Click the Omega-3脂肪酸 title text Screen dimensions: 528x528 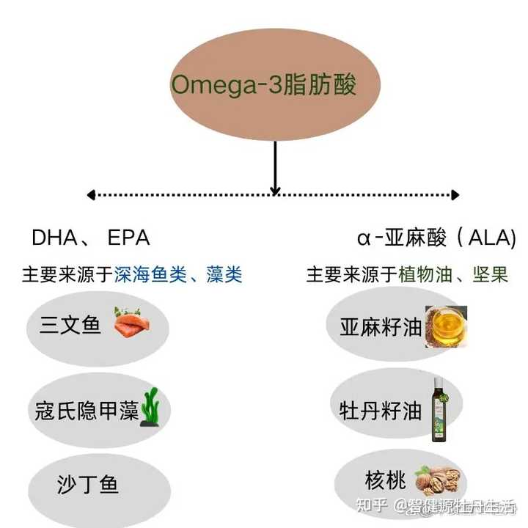point(264,84)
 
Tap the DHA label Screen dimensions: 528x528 point(54,238)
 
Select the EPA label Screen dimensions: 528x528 point(128,238)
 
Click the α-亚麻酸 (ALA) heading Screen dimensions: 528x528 point(436,238)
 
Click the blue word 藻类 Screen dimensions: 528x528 point(223,275)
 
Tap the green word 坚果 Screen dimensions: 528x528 point(491,275)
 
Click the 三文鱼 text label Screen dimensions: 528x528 point(70,325)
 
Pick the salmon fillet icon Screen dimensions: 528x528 point(131,323)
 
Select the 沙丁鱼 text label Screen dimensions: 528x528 point(88,484)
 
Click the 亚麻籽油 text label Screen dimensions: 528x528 point(381,326)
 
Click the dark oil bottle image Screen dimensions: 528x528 point(438,411)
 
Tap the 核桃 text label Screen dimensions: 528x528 point(385,480)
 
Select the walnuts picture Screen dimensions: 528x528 point(437,480)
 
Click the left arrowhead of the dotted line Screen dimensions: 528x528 point(91,195)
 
